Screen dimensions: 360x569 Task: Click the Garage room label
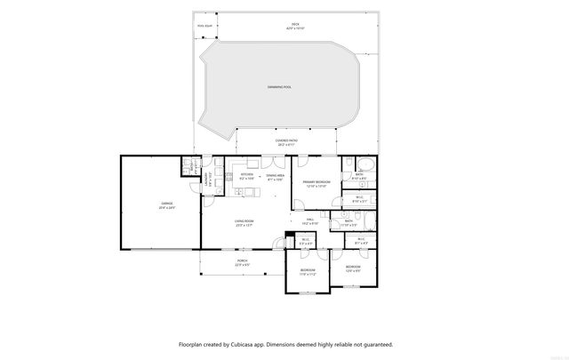[167, 205]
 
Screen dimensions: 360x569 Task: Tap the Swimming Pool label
[280, 87]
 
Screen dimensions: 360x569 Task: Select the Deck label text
[294, 25]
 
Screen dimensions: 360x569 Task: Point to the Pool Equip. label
[205, 25]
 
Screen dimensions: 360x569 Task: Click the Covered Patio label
[285, 140]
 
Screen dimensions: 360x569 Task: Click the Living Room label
[244, 223]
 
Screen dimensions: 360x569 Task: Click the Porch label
[242, 261]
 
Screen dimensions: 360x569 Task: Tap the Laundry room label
[207, 179]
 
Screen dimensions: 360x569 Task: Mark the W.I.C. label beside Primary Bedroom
[360, 198]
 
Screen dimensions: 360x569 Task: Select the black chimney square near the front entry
[288, 236]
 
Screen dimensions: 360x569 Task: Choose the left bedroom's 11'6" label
[307, 275]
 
